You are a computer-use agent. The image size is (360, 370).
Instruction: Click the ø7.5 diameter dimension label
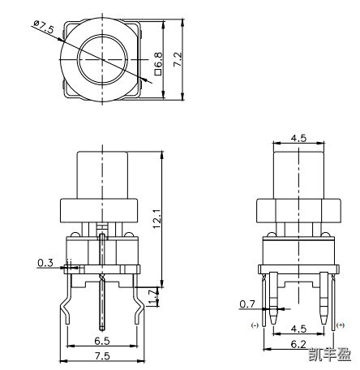click(x=44, y=29)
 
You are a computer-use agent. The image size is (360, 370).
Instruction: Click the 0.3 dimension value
click(x=45, y=263)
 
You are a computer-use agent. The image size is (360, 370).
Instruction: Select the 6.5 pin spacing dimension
click(x=102, y=342)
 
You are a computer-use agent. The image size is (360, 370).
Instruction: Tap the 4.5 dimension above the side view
click(x=298, y=138)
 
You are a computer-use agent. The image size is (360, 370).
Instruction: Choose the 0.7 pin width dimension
click(x=247, y=304)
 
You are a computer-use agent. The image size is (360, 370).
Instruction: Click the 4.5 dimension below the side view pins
click(x=298, y=329)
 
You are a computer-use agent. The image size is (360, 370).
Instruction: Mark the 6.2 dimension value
click(x=298, y=344)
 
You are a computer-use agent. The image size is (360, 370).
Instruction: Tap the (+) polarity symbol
click(x=341, y=325)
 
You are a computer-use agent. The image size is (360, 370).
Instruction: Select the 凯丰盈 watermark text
click(x=330, y=354)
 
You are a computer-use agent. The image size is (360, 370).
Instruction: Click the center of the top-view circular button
click(x=102, y=60)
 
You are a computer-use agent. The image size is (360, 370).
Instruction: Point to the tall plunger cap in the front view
click(x=102, y=174)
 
